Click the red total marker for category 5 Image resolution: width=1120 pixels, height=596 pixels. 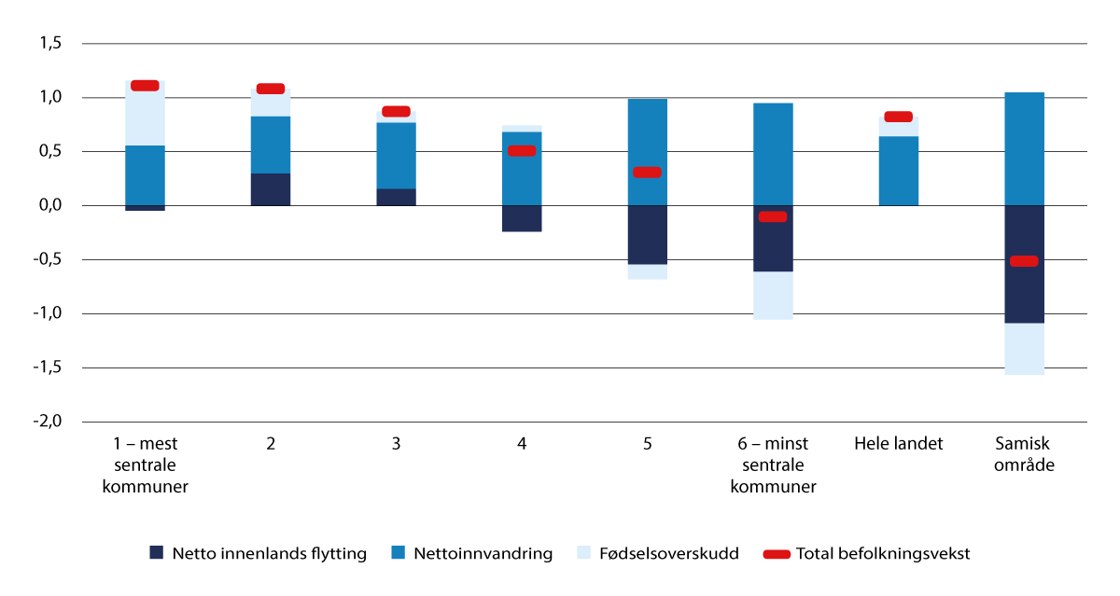[647, 173]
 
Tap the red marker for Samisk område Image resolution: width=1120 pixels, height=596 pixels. [1024, 261]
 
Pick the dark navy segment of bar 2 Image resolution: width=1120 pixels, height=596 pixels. [271, 189]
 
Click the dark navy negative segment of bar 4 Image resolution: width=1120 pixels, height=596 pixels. [522, 218]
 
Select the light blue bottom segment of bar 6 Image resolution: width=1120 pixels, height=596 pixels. [773, 296]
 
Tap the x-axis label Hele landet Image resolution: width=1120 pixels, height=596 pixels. [898, 444]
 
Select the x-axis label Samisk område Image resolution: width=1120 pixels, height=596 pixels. [1024, 452]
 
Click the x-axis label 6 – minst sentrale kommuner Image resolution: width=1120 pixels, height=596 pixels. [773, 464]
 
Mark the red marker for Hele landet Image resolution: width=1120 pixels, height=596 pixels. [898, 117]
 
